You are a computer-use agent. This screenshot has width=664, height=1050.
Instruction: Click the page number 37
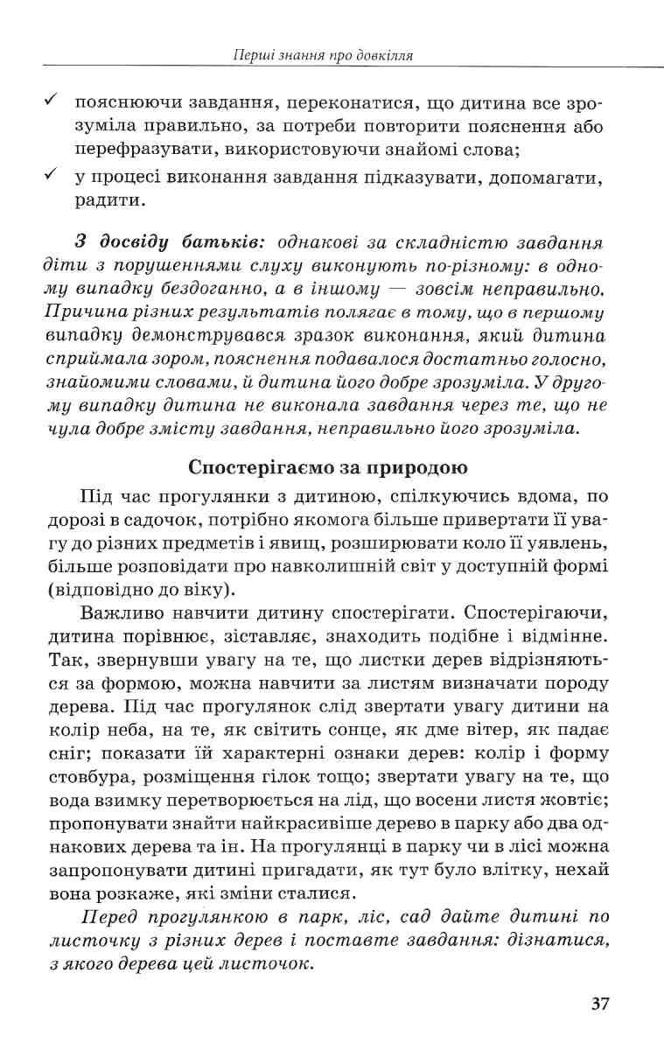coord(599,1003)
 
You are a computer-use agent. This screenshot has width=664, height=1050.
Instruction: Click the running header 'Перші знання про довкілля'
coord(324,56)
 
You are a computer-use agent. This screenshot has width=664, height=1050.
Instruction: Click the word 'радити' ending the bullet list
coord(109,200)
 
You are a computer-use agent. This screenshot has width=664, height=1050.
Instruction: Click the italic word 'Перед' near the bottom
coord(111,918)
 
